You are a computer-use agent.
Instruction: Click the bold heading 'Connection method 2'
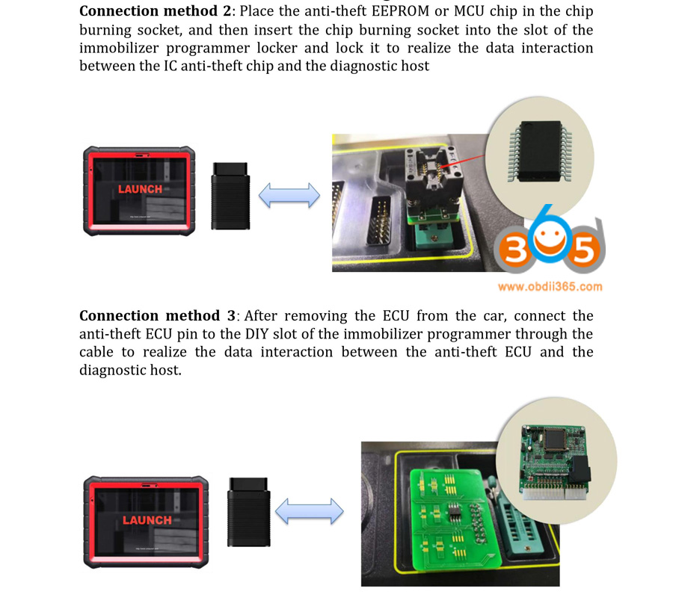coord(156,10)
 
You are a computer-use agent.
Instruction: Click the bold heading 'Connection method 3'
coord(157,315)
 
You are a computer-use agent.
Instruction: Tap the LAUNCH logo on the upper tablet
coord(141,189)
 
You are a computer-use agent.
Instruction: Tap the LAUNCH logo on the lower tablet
coord(147,520)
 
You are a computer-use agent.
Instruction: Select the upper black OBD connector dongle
coord(230,196)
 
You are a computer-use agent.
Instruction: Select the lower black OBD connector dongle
coord(249,512)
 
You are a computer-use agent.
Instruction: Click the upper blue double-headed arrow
coord(289,196)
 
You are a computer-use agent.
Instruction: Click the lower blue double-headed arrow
coord(309,511)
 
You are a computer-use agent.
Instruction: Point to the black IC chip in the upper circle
coord(541,151)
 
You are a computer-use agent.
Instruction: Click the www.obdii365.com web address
coord(550,286)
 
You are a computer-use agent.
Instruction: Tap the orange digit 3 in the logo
coord(512,249)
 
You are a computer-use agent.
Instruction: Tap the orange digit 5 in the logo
coord(584,249)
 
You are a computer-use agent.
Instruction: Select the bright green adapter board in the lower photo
coord(454,519)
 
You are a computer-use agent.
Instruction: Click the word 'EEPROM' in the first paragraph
coord(401,10)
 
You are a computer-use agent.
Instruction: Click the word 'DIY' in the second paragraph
coord(256,334)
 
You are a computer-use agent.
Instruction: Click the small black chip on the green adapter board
coord(455,513)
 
